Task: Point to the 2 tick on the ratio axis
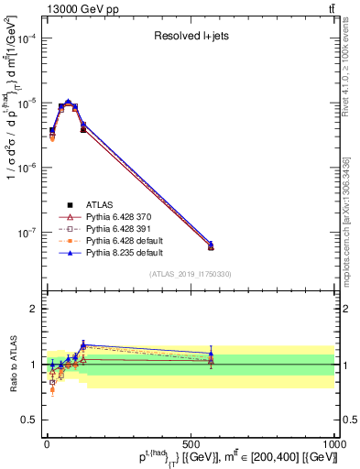coord(35,309)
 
